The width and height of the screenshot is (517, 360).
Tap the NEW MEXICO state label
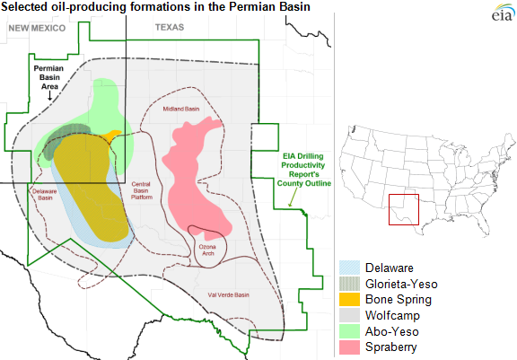(38, 28)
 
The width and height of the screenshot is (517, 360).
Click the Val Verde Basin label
(226, 294)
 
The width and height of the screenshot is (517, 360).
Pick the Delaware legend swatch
(349, 268)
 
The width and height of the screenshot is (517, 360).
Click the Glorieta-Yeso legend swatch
(349, 283)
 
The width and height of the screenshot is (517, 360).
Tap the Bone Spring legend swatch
(349, 299)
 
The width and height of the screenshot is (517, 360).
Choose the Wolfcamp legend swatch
(349, 314)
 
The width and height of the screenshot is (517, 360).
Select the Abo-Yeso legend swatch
(349, 329)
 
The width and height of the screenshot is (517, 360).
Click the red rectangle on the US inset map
(403, 210)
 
